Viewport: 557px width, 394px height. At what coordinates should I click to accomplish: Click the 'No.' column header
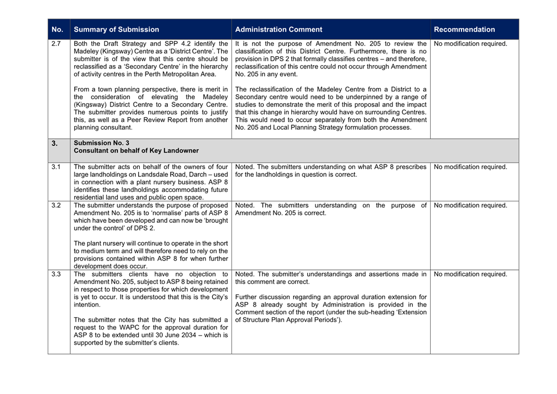[x=57, y=30]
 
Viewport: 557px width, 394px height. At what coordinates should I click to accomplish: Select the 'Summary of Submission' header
[x=116, y=30]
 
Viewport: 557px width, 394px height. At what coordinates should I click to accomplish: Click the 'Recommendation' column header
[x=464, y=30]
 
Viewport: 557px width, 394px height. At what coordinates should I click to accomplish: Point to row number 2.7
[x=56, y=44]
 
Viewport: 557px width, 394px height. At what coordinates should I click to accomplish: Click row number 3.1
[x=56, y=167]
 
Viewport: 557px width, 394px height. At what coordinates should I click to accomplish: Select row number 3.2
[x=56, y=205]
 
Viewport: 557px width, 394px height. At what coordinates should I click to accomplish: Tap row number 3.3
[x=56, y=274]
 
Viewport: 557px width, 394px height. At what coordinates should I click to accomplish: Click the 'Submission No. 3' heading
[x=101, y=143]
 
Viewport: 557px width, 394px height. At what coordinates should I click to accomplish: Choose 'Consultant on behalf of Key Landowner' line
[x=137, y=150]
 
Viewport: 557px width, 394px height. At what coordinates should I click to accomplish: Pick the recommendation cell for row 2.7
[x=471, y=44]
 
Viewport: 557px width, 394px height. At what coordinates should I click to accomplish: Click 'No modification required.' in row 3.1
[x=471, y=167]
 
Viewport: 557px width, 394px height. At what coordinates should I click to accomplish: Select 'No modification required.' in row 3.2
[x=471, y=205]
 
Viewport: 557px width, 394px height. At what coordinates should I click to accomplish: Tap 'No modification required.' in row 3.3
[x=471, y=274]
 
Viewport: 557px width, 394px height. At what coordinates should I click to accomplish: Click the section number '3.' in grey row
[x=55, y=143]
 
